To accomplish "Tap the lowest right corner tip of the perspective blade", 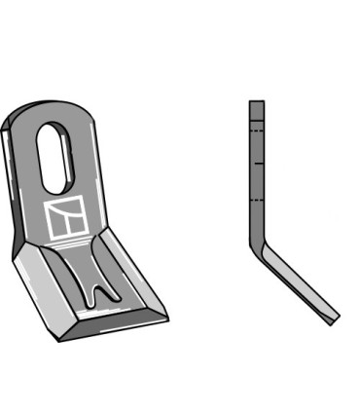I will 166,317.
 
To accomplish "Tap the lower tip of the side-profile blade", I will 336,317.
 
